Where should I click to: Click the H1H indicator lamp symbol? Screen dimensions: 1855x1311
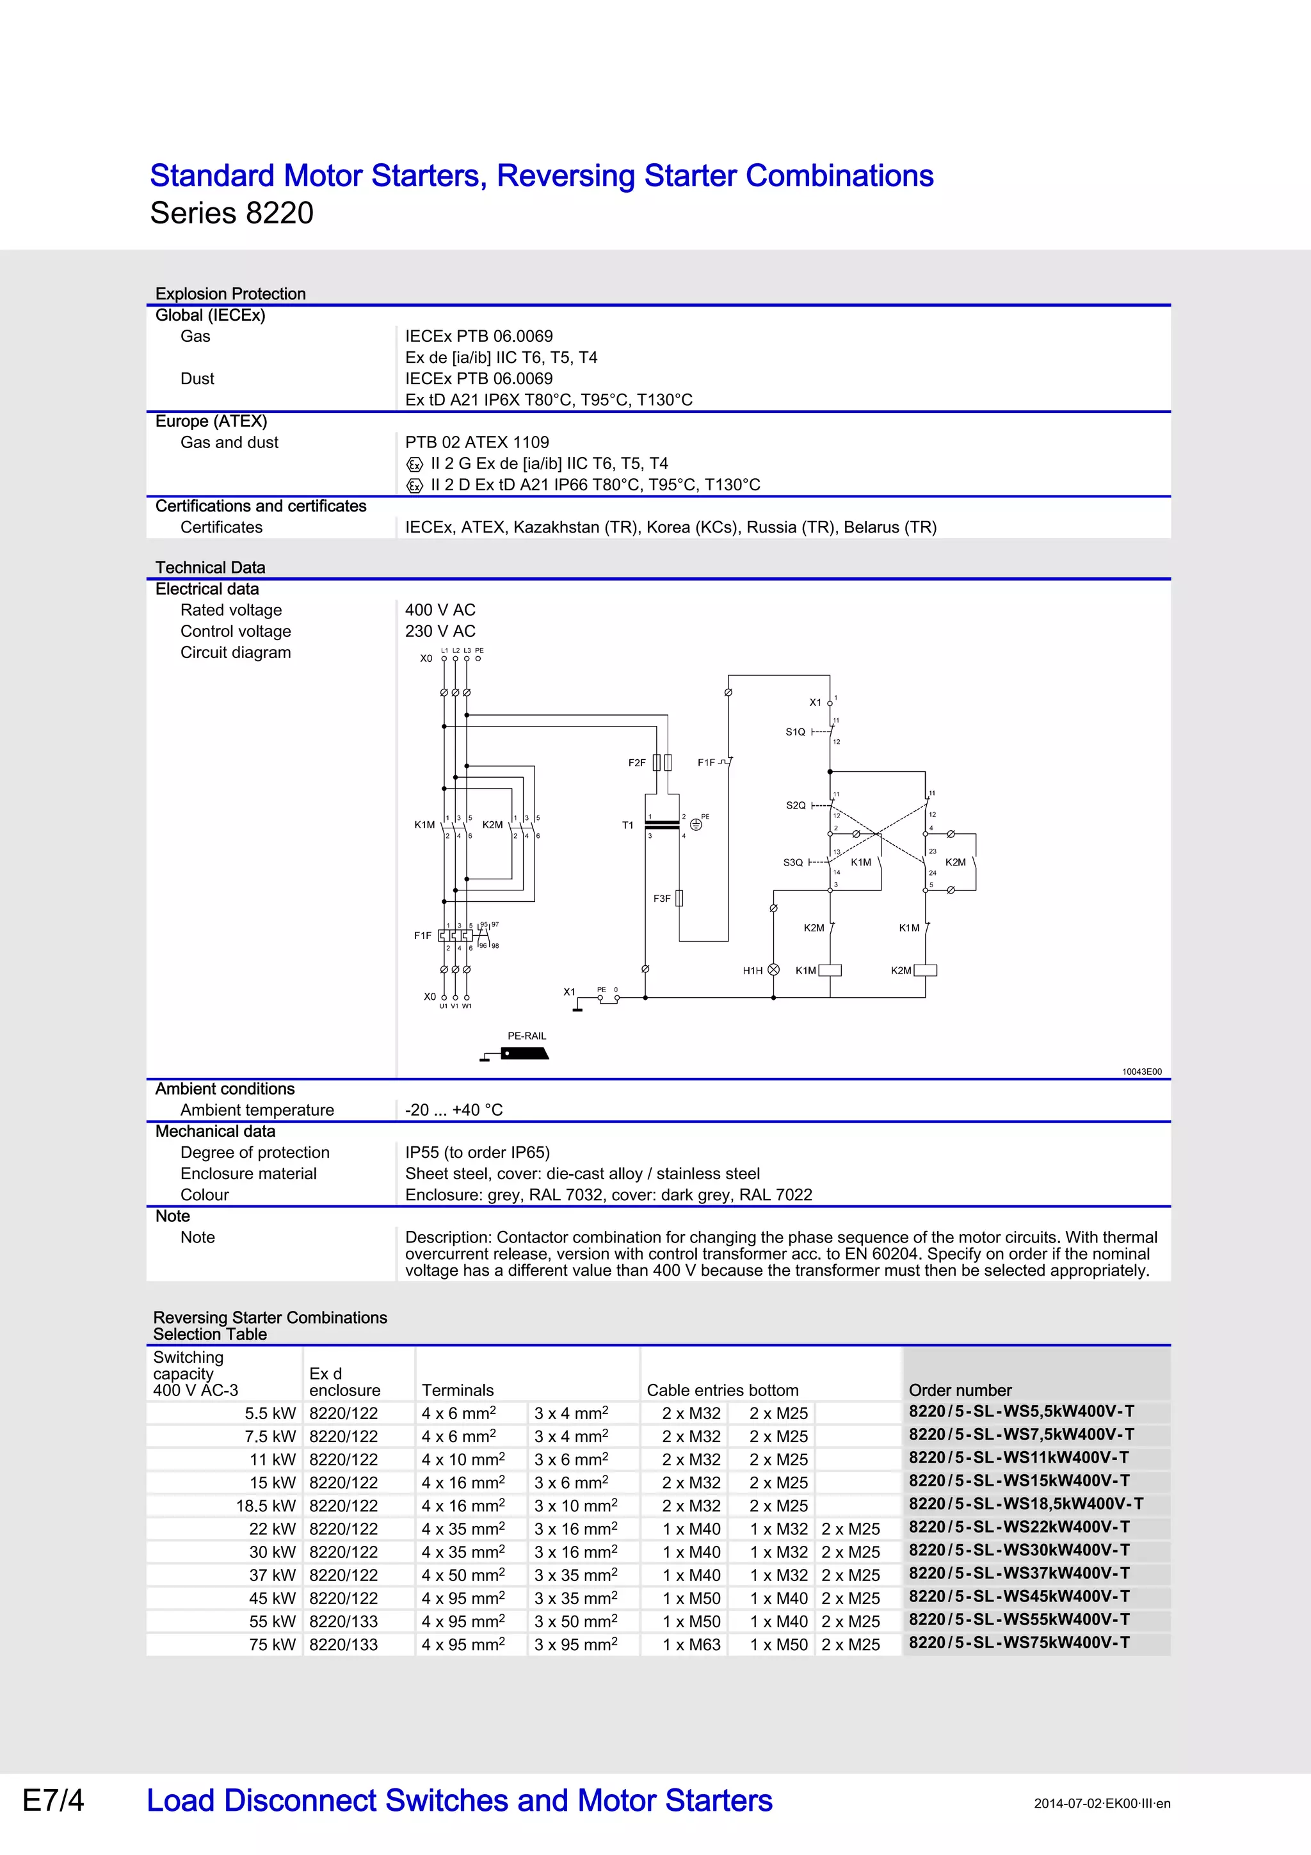(x=773, y=970)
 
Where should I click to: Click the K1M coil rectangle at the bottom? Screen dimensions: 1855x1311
(x=830, y=970)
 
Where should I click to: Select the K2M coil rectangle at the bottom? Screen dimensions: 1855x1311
(x=925, y=970)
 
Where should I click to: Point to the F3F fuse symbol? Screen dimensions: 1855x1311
(x=679, y=899)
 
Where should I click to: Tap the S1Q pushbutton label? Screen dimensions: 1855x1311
(x=795, y=732)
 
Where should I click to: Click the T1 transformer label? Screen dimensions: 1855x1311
(x=627, y=825)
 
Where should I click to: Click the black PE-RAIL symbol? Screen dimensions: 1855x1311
(x=524, y=1054)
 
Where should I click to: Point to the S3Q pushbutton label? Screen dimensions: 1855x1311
(x=792, y=862)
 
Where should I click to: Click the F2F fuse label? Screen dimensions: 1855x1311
(x=636, y=763)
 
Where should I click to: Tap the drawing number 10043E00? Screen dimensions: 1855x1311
(x=1141, y=1072)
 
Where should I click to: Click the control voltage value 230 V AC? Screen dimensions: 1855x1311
(x=440, y=631)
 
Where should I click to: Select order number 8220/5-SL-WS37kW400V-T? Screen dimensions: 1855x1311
(x=1018, y=1573)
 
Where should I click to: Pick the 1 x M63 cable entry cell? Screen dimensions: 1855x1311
(x=691, y=1644)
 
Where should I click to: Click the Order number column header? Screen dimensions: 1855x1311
(x=960, y=1390)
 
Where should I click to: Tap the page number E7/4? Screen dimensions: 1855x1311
(x=53, y=1800)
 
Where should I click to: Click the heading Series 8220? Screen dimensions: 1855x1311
(x=232, y=213)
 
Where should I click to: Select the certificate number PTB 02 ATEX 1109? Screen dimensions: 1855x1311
(x=476, y=442)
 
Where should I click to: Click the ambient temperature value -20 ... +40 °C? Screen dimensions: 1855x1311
(x=453, y=1109)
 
